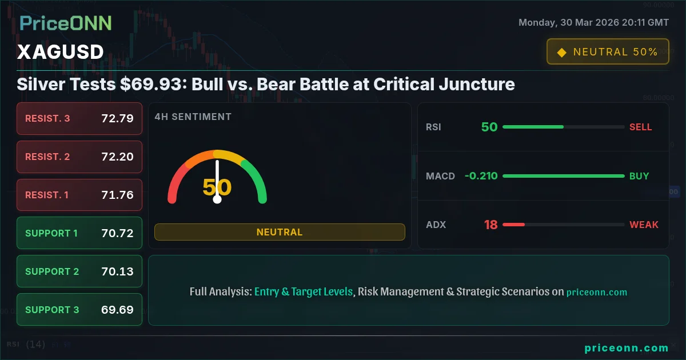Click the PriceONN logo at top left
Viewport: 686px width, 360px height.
tap(66, 23)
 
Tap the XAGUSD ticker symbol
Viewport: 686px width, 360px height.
tap(60, 52)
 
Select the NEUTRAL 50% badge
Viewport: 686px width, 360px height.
tap(608, 52)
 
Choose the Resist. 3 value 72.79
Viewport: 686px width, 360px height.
tap(117, 119)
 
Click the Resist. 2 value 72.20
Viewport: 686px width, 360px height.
tap(117, 157)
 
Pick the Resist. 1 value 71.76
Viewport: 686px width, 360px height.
tap(117, 195)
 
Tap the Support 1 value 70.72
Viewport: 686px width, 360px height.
tap(117, 233)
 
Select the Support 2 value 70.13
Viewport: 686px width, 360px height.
tap(117, 271)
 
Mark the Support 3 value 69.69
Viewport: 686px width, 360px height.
tap(117, 310)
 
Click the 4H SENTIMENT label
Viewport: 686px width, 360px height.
tap(193, 117)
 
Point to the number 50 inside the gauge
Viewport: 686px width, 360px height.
tap(217, 187)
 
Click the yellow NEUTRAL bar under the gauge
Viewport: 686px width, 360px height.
tap(280, 232)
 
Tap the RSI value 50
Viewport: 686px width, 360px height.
tap(489, 127)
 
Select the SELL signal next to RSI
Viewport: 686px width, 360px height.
tap(640, 127)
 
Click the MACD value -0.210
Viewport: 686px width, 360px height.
tap(481, 176)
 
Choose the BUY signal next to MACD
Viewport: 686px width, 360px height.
tap(639, 176)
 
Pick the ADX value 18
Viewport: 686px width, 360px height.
tap(490, 225)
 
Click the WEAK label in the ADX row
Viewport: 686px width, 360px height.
tap(644, 225)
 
